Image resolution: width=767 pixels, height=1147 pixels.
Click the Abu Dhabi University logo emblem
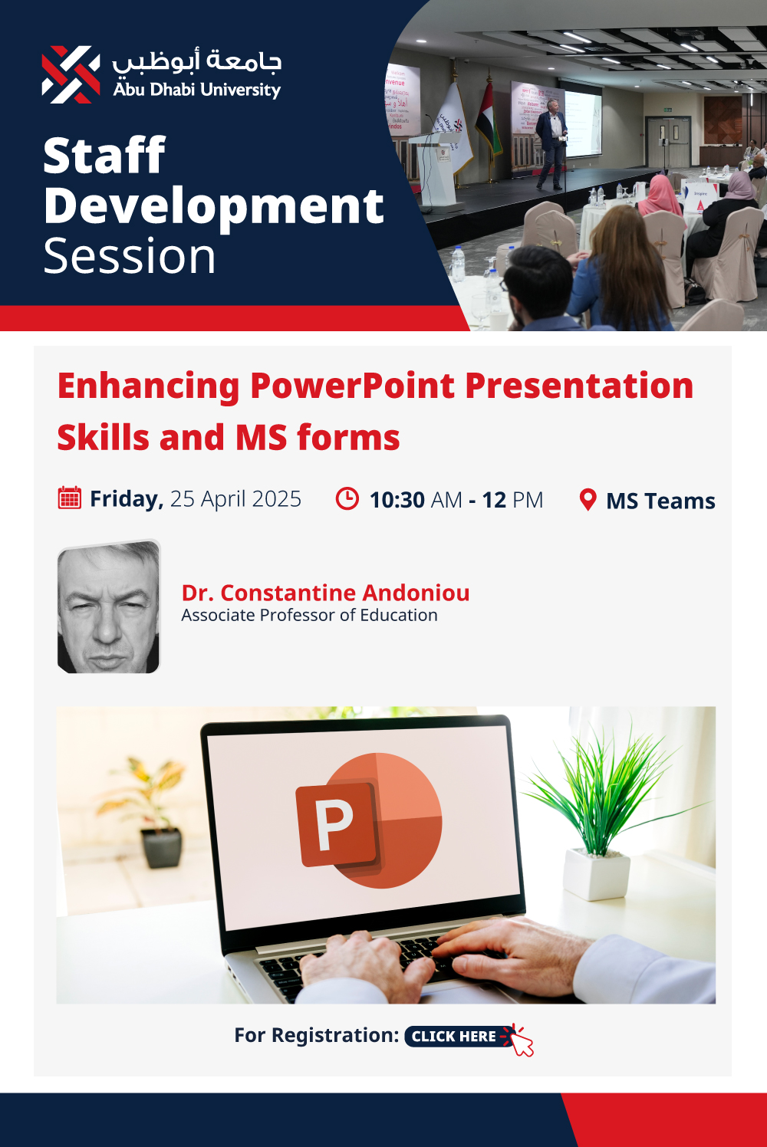coord(71,75)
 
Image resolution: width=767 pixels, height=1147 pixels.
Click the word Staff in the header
coord(104,156)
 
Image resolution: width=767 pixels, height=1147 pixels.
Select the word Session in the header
coord(129,256)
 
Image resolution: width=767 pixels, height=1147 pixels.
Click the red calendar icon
coord(70,498)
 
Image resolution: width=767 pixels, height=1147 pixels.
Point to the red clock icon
coord(347,498)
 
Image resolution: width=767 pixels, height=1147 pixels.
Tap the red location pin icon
coord(588,500)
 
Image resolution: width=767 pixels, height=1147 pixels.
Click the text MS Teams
coord(661,501)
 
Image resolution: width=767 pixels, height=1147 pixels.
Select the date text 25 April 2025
coord(235,499)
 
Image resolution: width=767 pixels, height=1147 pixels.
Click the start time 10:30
coord(397,500)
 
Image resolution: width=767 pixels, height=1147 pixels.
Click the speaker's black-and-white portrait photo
coord(109,606)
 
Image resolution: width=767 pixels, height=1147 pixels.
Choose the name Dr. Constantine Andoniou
coord(325,593)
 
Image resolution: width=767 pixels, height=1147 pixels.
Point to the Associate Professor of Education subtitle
coord(309,615)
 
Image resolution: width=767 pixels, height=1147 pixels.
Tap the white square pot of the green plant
coord(596,874)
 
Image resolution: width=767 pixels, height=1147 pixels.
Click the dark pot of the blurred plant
coord(161,848)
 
